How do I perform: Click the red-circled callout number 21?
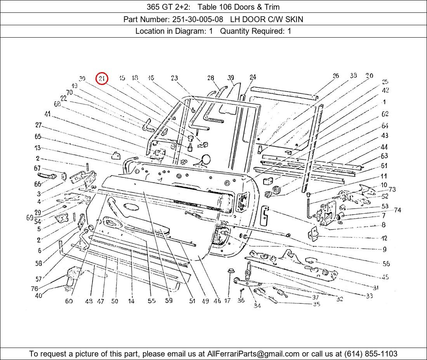[102, 79]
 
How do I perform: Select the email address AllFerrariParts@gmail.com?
[253, 354]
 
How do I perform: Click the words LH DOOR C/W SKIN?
[267, 19]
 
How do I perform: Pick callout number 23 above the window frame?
[174, 78]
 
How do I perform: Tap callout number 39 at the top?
[231, 78]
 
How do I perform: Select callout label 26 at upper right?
[336, 76]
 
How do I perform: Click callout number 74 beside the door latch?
[397, 210]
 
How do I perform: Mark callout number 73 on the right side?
[392, 189]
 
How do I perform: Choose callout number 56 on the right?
[386, 263]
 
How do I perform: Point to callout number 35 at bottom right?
[316, 304]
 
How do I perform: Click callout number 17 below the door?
[227, 300]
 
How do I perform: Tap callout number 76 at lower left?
[35, 289]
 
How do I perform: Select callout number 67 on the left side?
[37, 168]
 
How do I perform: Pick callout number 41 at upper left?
[47, 114]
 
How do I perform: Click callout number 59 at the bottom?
[168, 300]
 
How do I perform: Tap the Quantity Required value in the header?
[289, 31]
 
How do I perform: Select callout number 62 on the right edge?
[385, 114]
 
